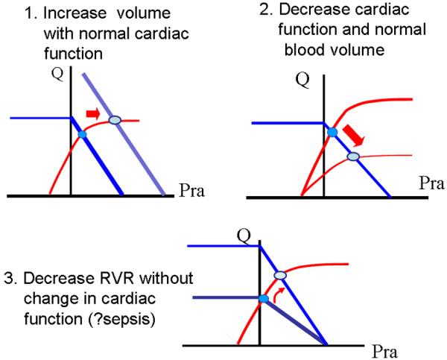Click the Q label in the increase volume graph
click(x=57, y=75)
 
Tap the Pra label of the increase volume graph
click(x=192, y=191)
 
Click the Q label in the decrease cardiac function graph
click(x=302, y=80)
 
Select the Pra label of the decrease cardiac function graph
click(x=431, y=183)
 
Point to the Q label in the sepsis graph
click(x=244, y=236)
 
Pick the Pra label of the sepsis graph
click(x=384, y=352)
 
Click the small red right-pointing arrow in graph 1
click(x=93, y=113)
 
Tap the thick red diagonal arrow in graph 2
click(x=353, y=136)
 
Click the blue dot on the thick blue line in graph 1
click(x=82, y=134)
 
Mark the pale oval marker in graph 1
click(x=115, y=120)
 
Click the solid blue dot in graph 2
click(x=332, y=133)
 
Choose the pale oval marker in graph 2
click(x=353, y=157)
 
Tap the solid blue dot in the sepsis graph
click(x=264, y=299)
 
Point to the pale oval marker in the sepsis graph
click(x=280, y=275)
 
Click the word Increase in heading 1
click(x=74, y=13)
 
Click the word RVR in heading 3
click(x=117, y=278)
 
